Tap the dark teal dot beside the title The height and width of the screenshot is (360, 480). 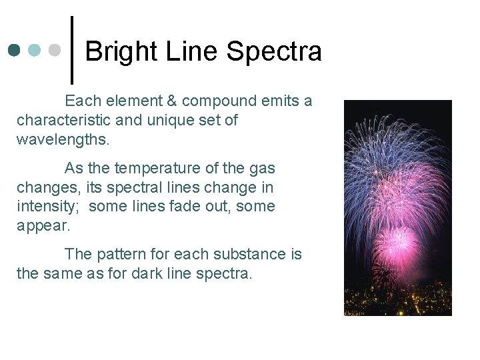[15, 50]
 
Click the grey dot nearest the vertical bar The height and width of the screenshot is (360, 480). [55, 50]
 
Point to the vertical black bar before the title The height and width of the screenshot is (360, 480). [71, 50]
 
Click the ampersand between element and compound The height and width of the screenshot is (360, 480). [170, 101]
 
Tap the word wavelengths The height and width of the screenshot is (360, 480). [63, 140]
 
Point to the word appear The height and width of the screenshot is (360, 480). [43, 226]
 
